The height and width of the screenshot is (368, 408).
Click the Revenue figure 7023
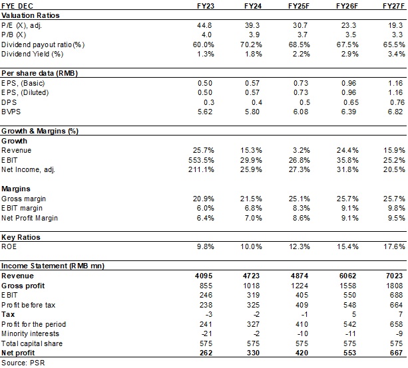pyautogui.click(x=395, y=276)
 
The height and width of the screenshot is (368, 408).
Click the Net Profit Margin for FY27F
pyautogui.click(x=395, y=217)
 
